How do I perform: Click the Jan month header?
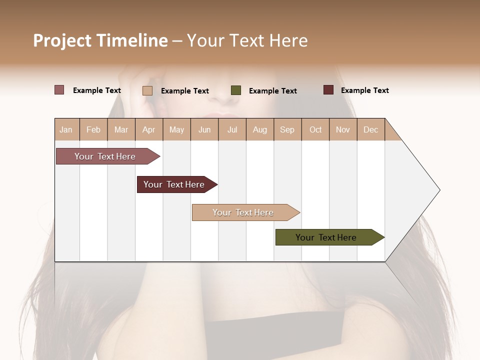[x=66, y=129]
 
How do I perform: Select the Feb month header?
[x=93, y=129]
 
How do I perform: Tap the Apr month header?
[x=148, y=129]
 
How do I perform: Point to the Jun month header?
[x=204, y=129]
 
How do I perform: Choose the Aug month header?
[x=259, y=129]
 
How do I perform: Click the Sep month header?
[x=287, y=129]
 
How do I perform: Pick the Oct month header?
[x=315, y=129]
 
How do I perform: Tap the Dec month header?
[x=370, y=129]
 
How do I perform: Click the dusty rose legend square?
[x=59, y=90]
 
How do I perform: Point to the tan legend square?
[x=147, y=90]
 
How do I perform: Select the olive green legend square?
[x=236, y=90]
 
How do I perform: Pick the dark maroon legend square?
[x=328, y=90]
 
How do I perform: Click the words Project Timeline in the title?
[x=100, y=40]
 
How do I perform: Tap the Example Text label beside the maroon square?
[x=364, y=90]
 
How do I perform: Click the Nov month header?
[x=342, y=129]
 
